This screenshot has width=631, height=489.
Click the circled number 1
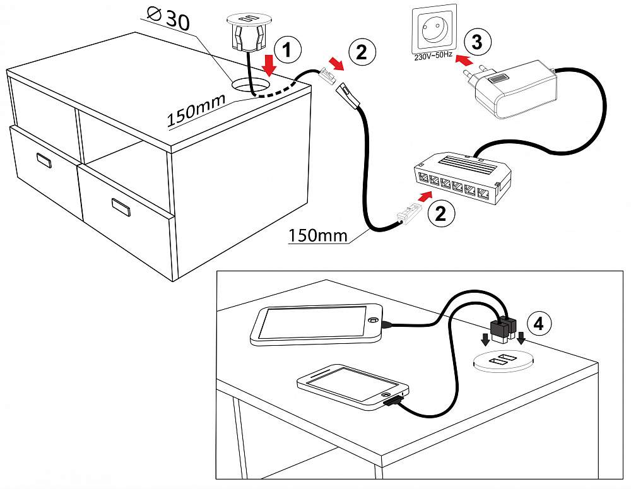coord(286,50)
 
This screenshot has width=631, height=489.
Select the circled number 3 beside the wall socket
coord(477,43)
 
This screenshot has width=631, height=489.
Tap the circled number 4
coord(538,324)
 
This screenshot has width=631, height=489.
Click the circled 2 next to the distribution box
coord(440,214)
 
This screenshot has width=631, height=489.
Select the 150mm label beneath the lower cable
coord(318,235)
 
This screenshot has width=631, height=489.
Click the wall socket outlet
coord(433,30)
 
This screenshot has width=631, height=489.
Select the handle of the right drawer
coord(120,206)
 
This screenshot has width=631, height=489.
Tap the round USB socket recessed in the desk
coord(504,362)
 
